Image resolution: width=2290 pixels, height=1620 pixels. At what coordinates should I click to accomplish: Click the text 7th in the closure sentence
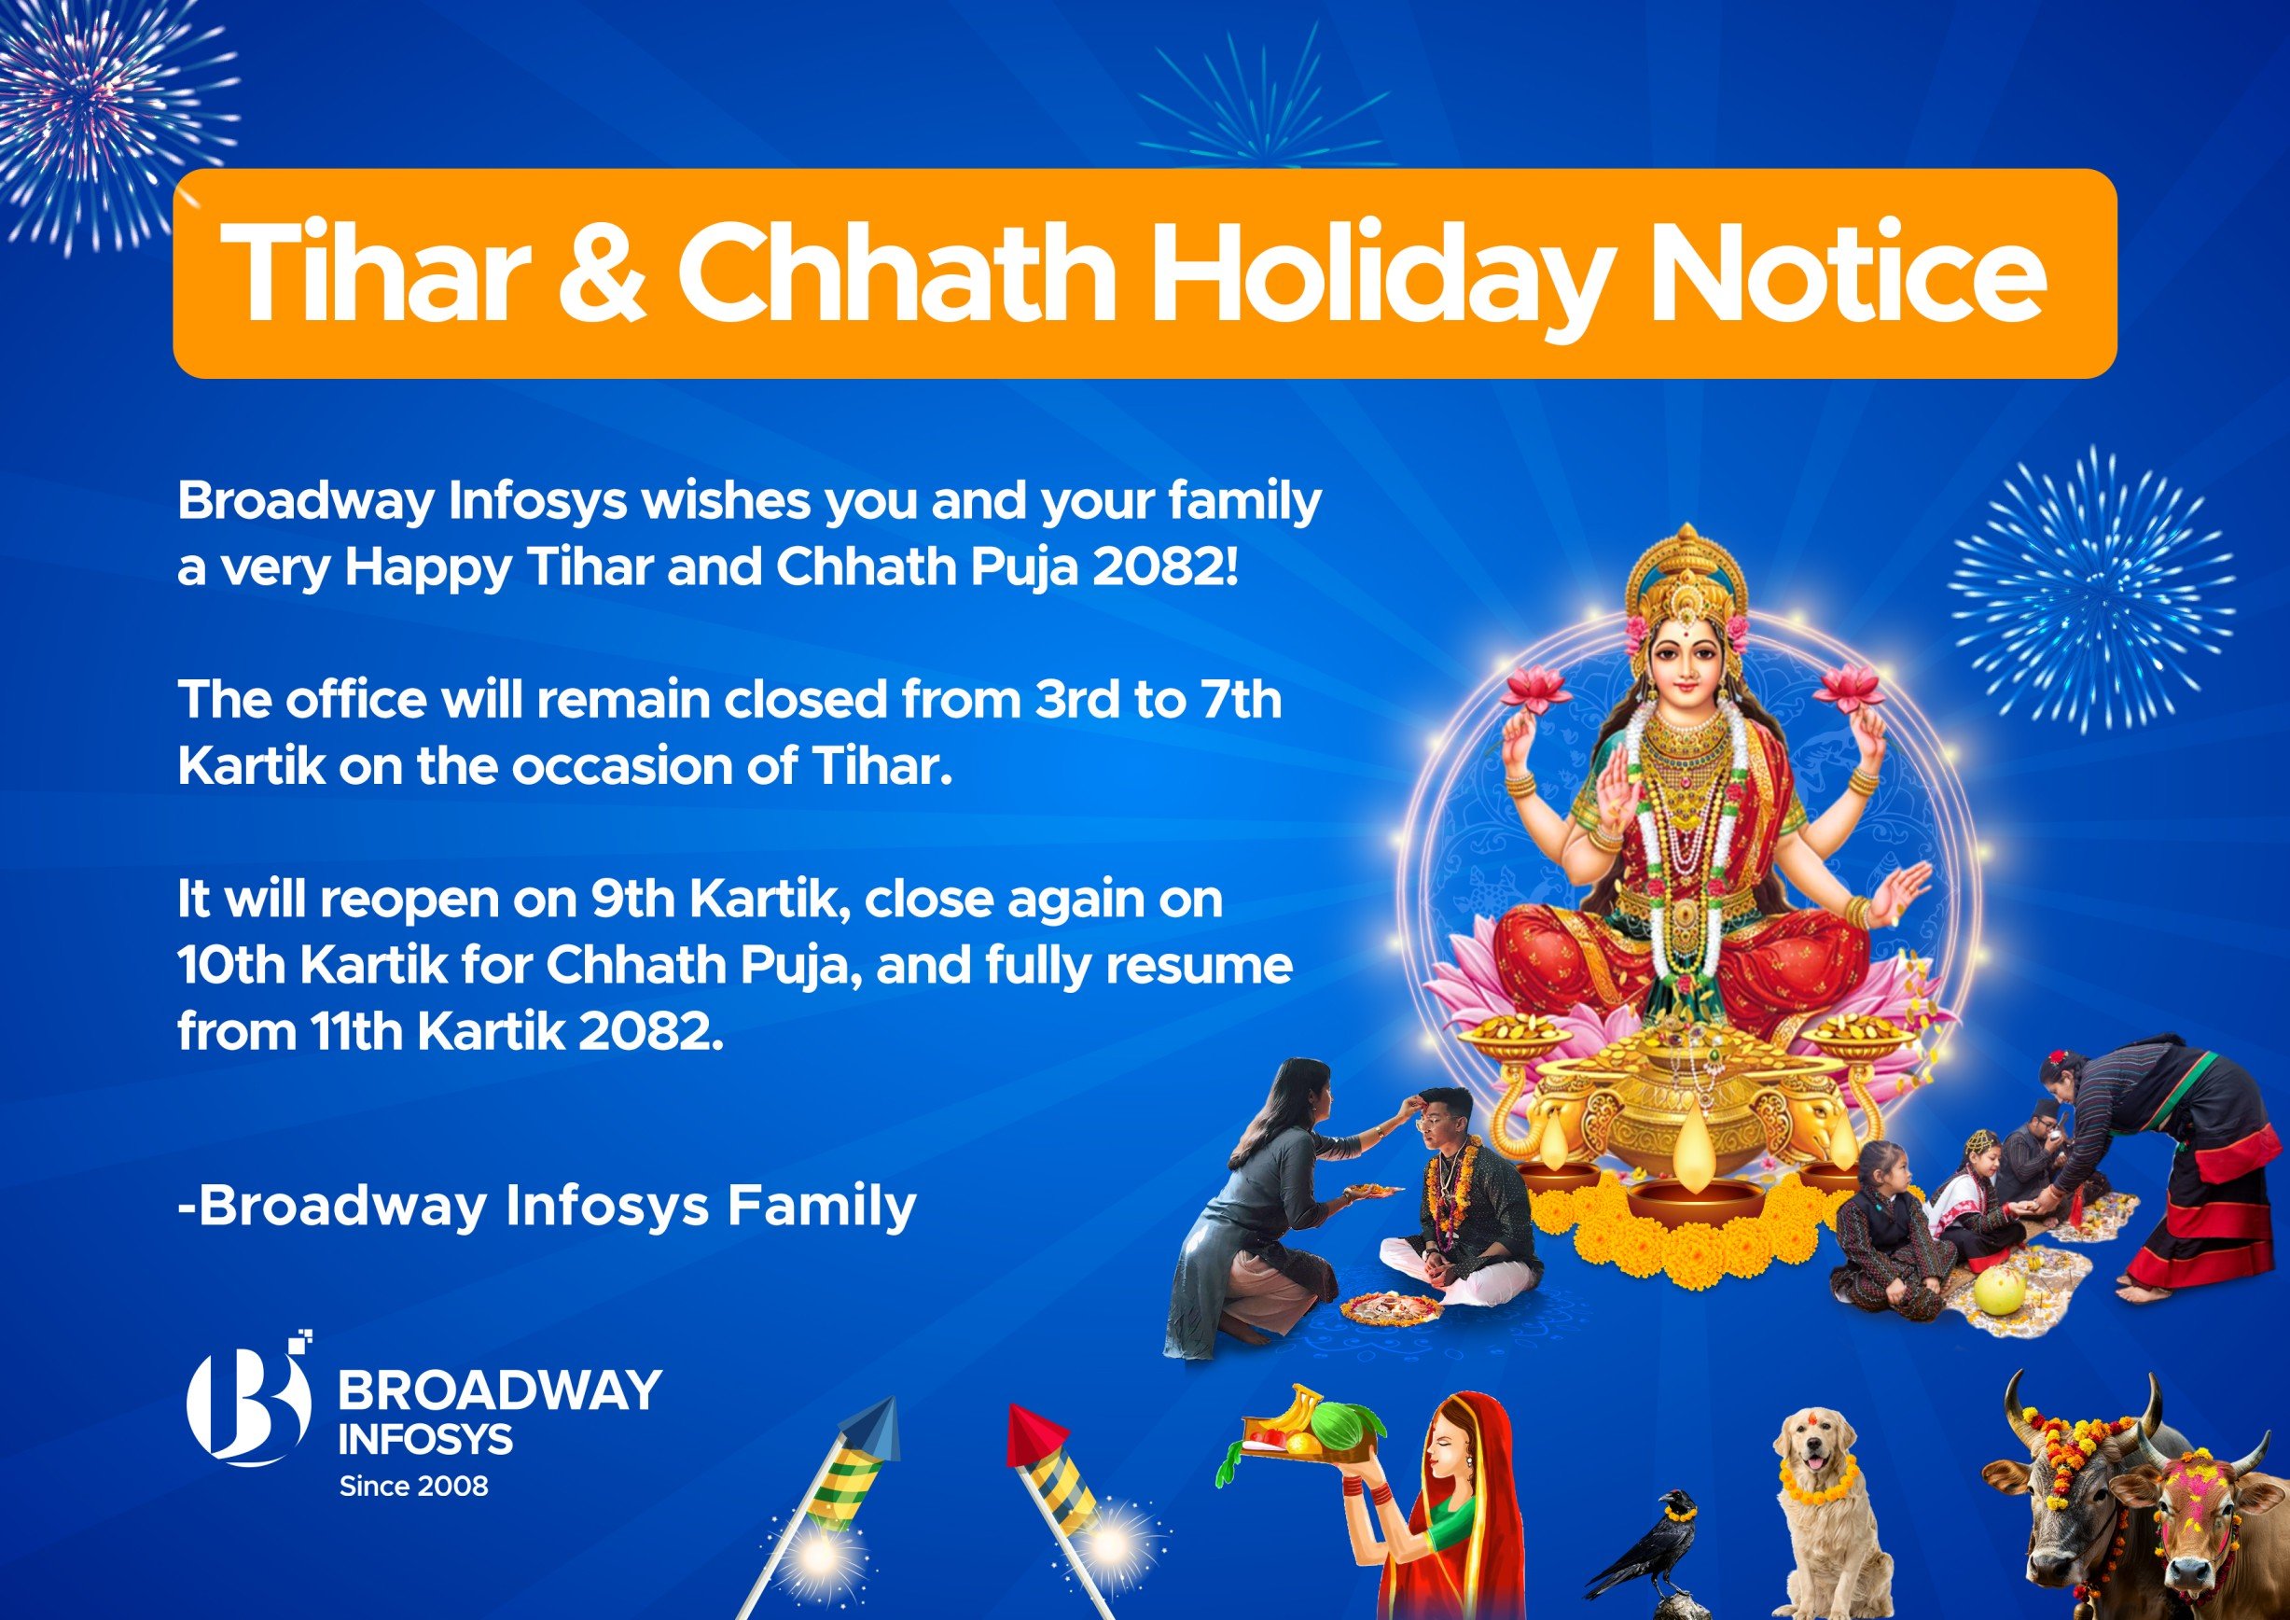1241,700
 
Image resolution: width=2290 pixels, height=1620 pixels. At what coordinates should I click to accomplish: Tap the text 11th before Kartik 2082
354,1031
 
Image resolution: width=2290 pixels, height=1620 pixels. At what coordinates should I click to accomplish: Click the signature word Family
821,1205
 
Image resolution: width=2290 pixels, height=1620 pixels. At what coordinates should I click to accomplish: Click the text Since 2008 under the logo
414,1487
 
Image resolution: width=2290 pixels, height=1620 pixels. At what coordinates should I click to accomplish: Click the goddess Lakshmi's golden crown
1685,579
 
